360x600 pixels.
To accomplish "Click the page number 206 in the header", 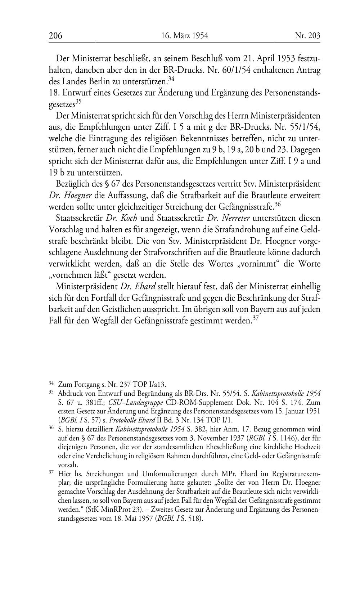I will point(56,36).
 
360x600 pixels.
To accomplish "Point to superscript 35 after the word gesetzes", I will point(78,102).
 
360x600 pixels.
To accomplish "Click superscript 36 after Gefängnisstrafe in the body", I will point(278,204).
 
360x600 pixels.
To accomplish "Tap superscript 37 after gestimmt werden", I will point(255,318).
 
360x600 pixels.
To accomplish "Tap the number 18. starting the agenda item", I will point(54,93).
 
